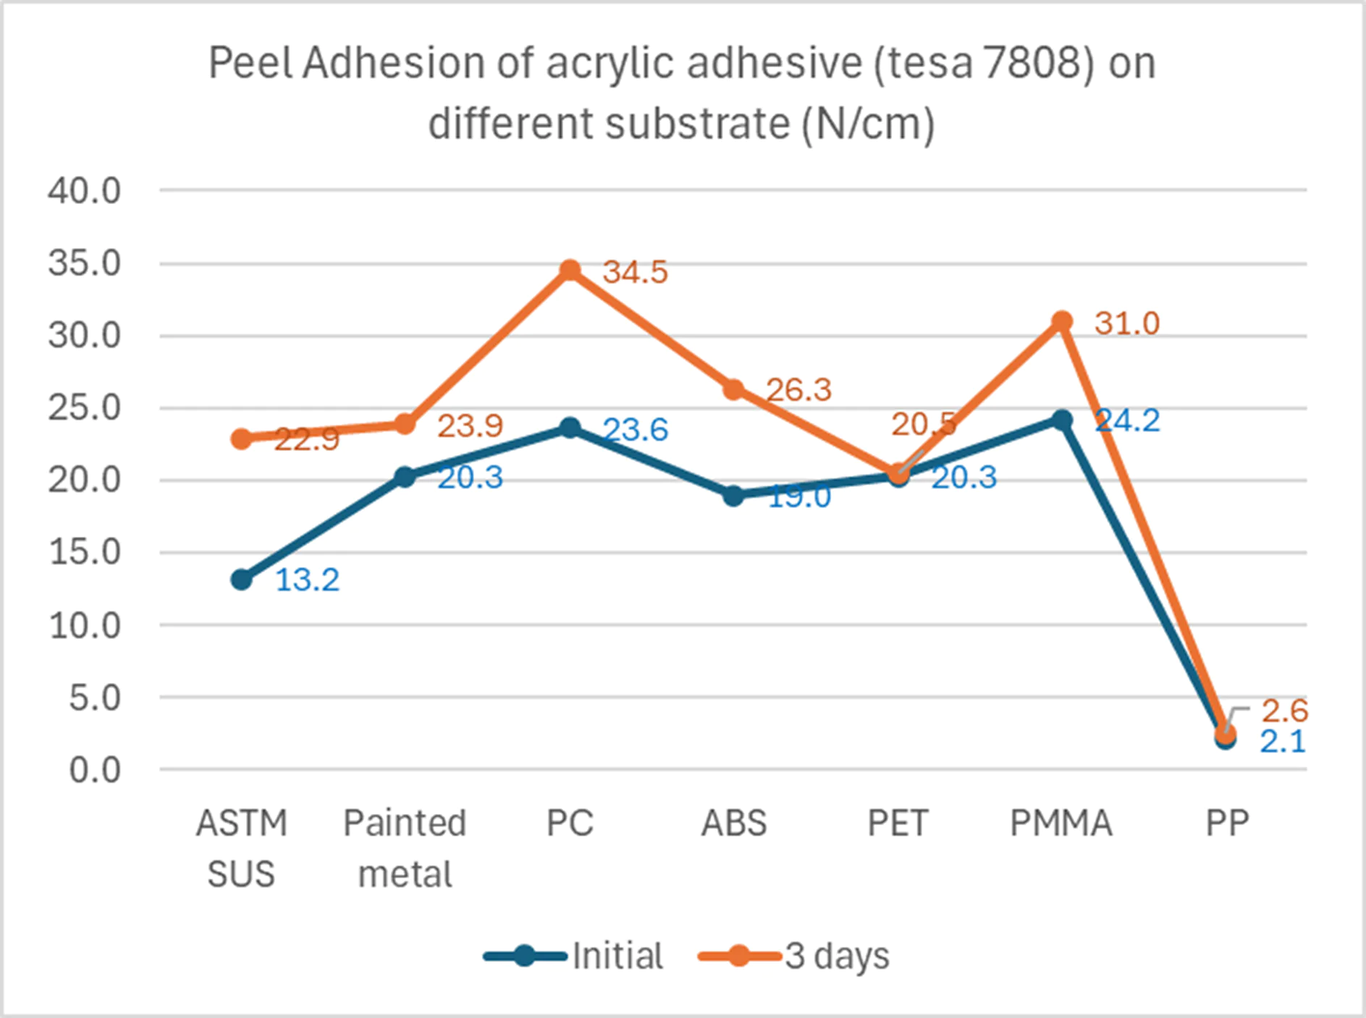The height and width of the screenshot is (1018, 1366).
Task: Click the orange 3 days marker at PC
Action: point(570,270)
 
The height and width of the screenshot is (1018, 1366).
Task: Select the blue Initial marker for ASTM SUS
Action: point(242,580)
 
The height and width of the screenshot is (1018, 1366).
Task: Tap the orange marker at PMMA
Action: point(1062,321)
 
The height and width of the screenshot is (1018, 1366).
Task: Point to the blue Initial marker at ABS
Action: point(733,496)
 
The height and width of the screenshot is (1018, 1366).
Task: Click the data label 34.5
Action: point(635,273)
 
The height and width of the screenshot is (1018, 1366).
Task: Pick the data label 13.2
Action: point(307,580)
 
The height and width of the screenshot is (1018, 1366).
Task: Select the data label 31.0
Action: point(1126,323)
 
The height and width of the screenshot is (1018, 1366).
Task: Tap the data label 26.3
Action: point(798,390)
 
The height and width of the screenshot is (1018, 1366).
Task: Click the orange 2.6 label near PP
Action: point(1284,711)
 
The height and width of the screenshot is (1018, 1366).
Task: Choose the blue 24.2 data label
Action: point(1127,420)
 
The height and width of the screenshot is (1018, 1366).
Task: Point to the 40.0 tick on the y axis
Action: point(84,191)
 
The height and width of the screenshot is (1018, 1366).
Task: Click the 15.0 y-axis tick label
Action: point(84,553)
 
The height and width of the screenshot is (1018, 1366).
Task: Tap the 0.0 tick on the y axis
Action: point(95,771)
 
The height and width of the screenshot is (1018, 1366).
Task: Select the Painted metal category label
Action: point(405,848)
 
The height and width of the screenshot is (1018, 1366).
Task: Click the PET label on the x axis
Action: point(898,823)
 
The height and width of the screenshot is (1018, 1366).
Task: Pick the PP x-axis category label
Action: point(1227,823)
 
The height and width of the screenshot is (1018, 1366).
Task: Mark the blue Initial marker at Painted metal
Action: point(405,476)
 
